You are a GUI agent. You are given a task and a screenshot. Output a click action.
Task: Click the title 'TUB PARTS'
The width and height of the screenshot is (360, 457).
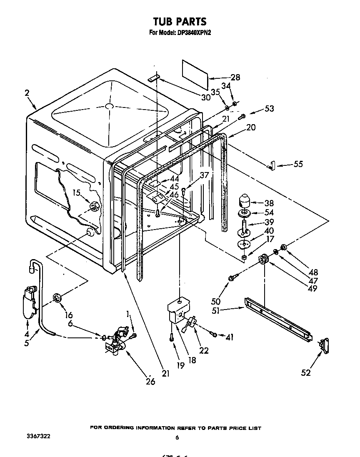click(x=180, y=21)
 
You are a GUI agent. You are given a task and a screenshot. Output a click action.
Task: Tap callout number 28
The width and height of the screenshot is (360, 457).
click(x=235, y=77)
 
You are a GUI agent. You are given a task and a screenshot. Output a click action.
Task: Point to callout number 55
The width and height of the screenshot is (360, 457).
click(x=298, y=165)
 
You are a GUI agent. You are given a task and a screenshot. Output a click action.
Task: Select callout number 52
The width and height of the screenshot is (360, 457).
click(x=306, y=372)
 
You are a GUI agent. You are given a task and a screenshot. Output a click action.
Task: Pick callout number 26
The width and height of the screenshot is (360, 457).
click(x=150, y=381)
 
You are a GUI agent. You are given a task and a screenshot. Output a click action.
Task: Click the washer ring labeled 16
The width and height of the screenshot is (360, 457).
click(x=57, y=297)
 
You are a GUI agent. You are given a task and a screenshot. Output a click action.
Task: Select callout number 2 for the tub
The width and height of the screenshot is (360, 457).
click(x=27, y=93)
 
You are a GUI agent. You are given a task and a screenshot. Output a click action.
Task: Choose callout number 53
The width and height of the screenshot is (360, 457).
click(x=270, y=109)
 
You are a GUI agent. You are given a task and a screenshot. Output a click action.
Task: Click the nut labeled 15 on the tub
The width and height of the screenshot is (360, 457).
click(x=94, y=205)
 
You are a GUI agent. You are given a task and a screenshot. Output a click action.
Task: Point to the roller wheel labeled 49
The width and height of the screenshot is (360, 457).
click(x=263, y=260)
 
